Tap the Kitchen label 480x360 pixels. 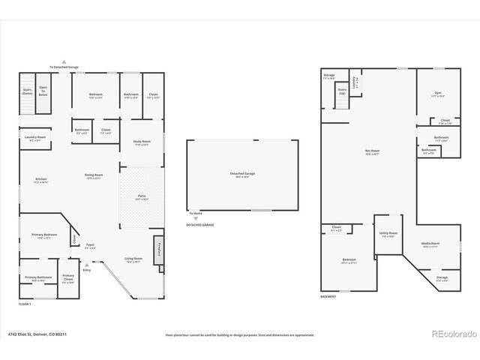tap(40, 180)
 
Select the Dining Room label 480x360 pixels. tap(93, 177)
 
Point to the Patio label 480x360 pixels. tap(142, 198)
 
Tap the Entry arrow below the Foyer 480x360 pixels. tap(86, 264)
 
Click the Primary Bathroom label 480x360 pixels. tap(38, 278)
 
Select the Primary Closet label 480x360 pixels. tap(68, 277)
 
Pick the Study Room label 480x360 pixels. tap(142, 142)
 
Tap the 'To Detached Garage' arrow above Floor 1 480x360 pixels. tap(64, 62)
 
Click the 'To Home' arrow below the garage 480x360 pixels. tap(195, 218)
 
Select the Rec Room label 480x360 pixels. tap(372, 152)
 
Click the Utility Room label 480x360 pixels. tap(388, 235)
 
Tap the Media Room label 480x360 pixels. tap(430, 244)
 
